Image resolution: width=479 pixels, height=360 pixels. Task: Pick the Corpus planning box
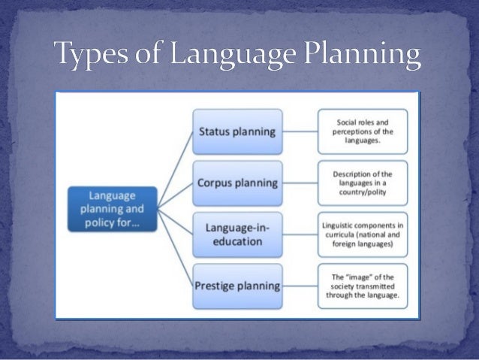[235, 183]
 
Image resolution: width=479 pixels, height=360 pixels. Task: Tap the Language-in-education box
[235, 234]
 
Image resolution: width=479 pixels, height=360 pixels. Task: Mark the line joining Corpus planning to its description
[296, 183]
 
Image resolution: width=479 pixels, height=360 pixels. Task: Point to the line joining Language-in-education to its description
[296, 234]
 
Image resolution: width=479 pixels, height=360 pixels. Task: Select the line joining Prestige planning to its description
[296, 285]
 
